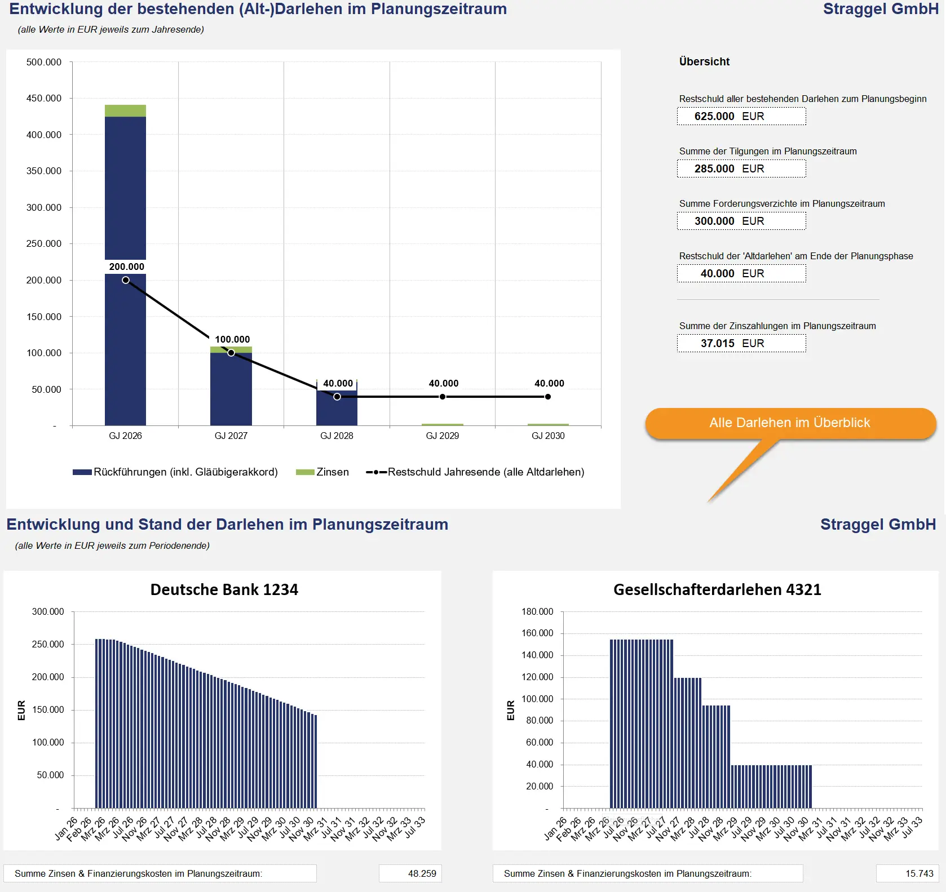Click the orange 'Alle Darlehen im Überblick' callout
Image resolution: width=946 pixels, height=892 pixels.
pyautogui.click(x=789, y=423)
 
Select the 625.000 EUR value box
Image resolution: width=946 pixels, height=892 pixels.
pyautogui.click(x=741, y=116)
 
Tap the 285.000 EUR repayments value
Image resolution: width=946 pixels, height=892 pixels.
pyautogui.click(x=741, y=168)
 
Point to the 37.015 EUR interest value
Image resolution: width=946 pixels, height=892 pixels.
pyautogui.click(x=741, y=343)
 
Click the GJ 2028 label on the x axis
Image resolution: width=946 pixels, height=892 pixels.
pyautogui.click(x=337, y=436)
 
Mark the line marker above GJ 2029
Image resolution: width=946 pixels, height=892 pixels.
pyautogui.click(x=443, y=397)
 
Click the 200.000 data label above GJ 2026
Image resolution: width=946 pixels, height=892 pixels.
pyautogui.click(x=126, y=267)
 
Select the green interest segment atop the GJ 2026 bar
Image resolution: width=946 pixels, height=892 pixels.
pyautogui.click(x=125, y=110)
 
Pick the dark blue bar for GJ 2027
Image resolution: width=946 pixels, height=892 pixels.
pyautogui.click(x=231, y=389)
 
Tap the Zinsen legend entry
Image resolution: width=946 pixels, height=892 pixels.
pyautogui.click(x=322, y=472)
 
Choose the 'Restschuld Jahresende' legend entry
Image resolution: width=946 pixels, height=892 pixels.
pyautogui.click(x=475, y=472)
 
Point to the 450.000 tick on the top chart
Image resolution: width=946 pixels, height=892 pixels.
pyautogui.click(x=44, y=98)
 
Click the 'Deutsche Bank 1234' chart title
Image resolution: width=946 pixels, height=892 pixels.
pyautogui.click(x=224, y=589)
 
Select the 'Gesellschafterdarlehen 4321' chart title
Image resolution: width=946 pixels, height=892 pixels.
pyautogui.click(x=717, y=589)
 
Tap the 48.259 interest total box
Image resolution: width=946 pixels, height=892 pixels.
pyautogui.click(x=410, y=873)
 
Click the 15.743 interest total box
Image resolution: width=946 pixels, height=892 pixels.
pyautogui.click(x=907, y=873)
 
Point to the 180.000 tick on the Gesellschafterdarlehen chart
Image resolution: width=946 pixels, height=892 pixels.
pyautogui.click(x=537, y=611)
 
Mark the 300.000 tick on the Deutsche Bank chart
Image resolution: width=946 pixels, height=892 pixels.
pyautogui.click(x=48, y=611)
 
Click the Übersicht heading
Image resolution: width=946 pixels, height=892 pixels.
pyautogui.click(x=704, y=61)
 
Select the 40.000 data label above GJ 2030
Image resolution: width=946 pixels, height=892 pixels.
pyautogui.click(x=549, y=383)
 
